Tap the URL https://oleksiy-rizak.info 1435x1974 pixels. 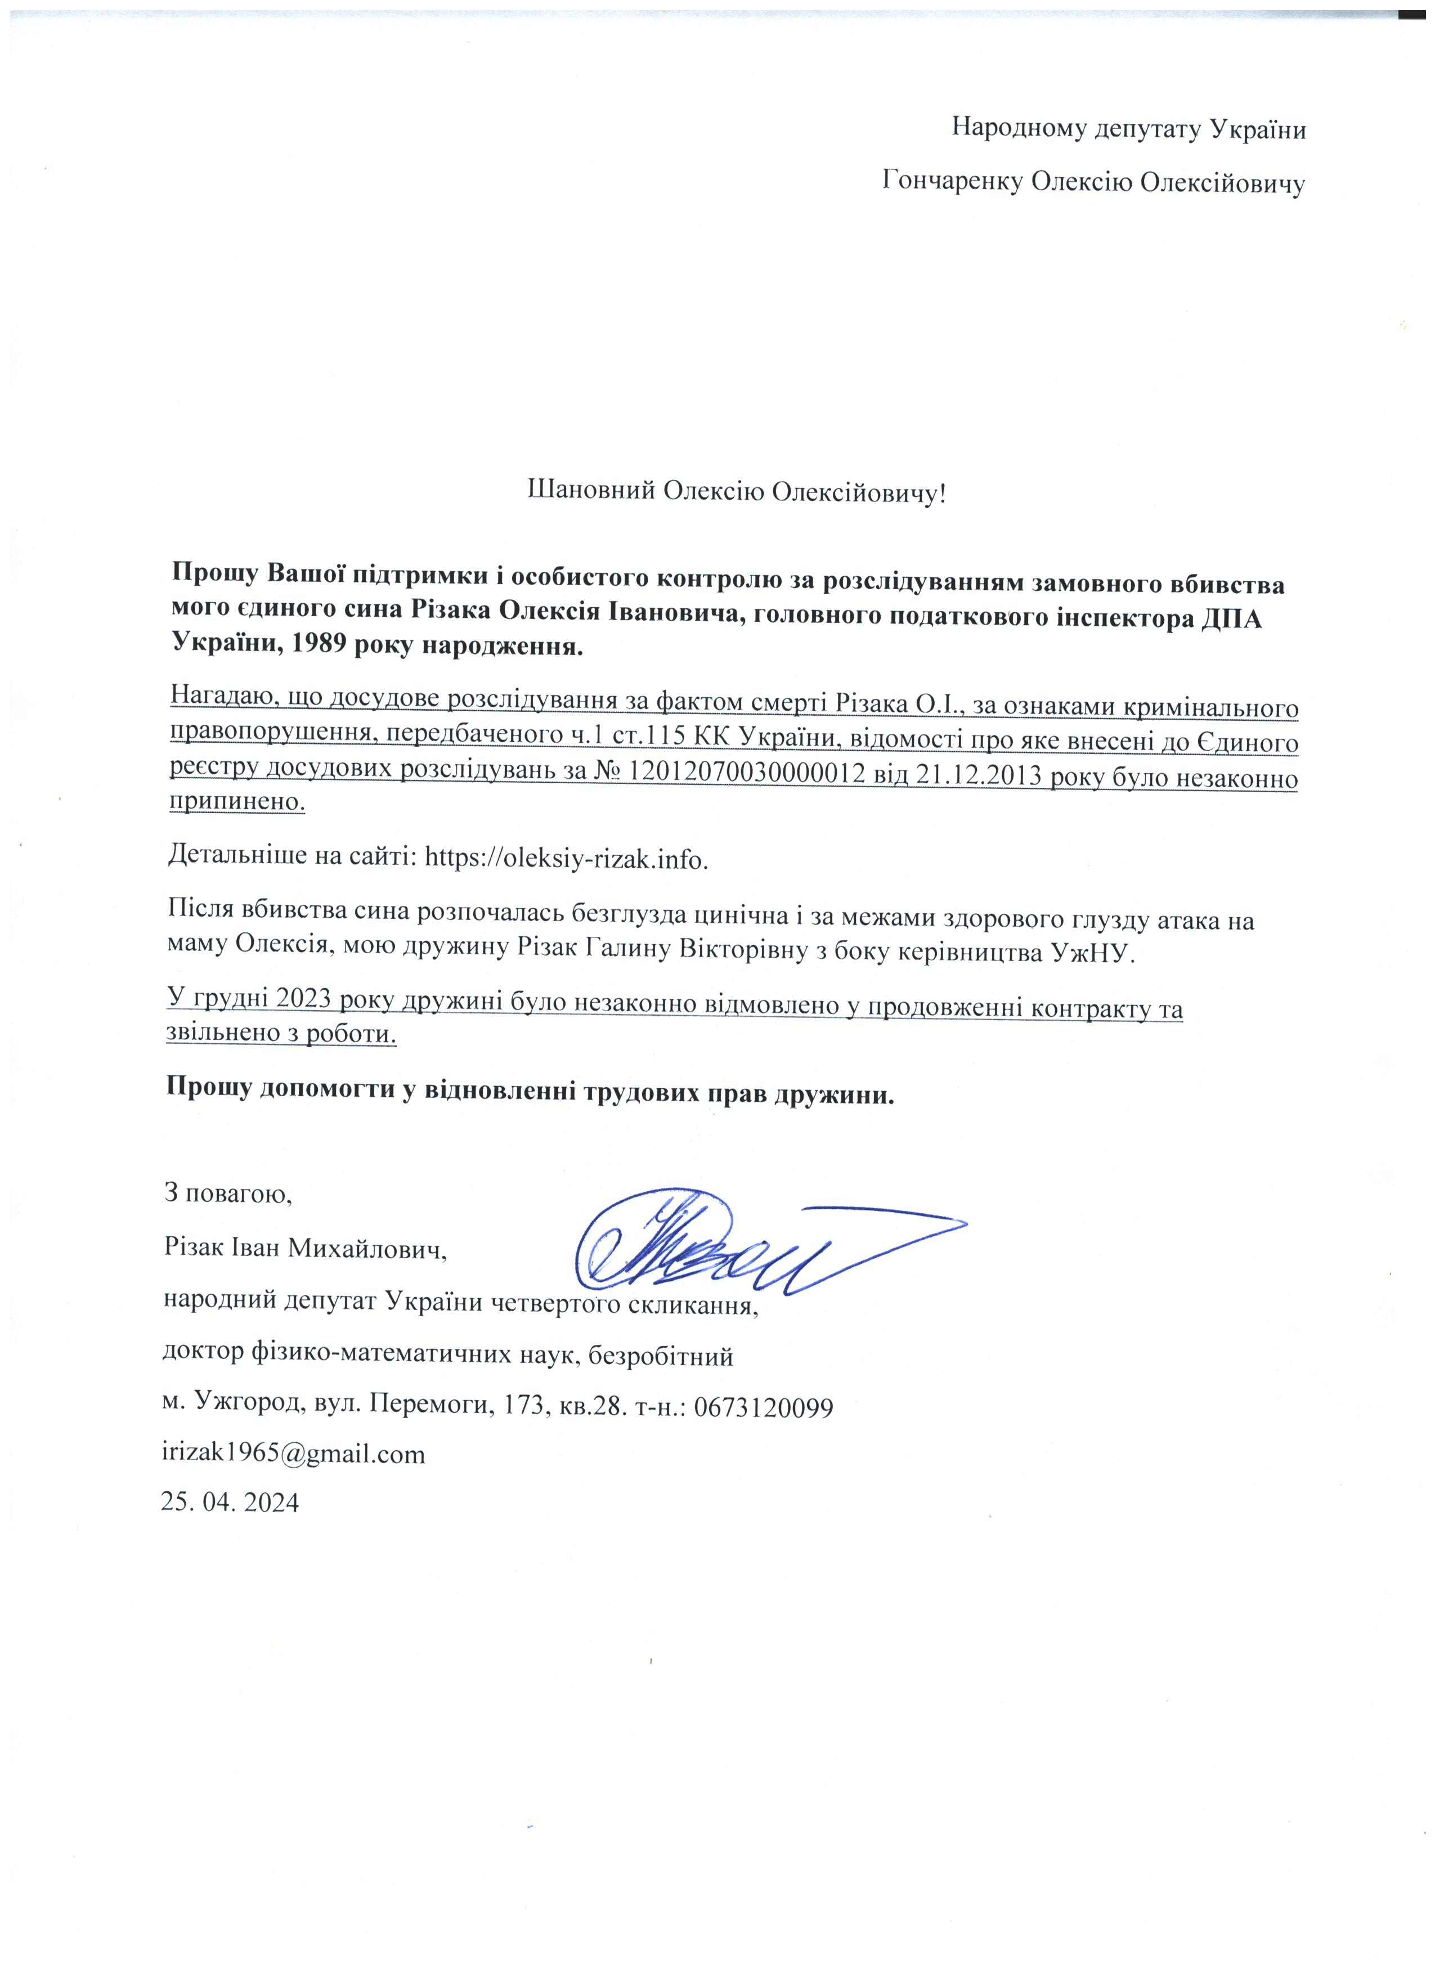(566, 858)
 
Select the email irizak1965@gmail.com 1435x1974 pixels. (294, 1453)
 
